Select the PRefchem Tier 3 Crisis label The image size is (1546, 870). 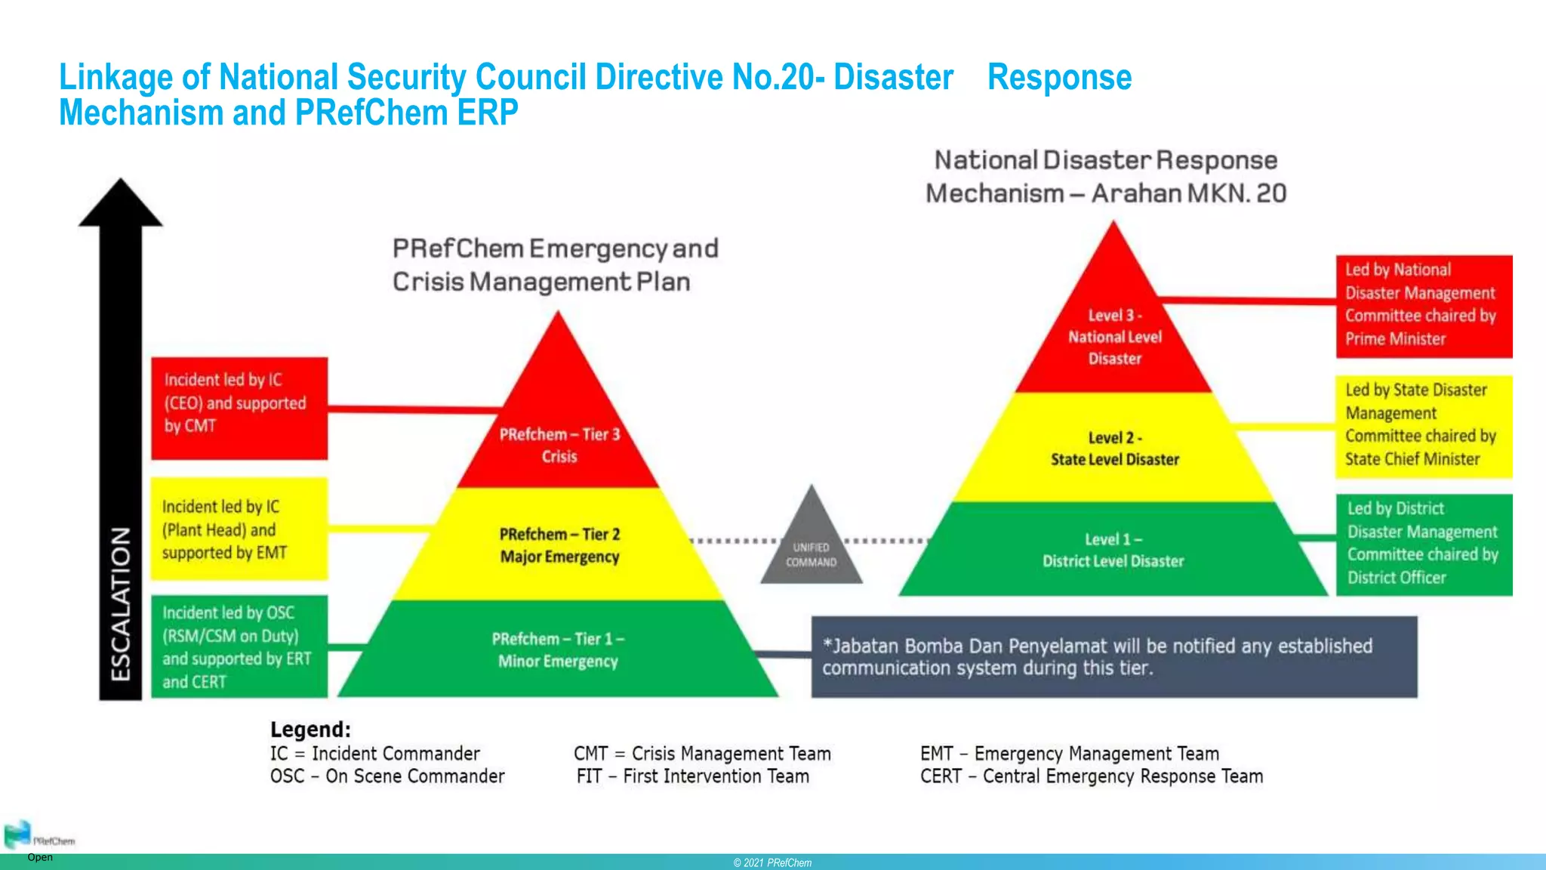559,445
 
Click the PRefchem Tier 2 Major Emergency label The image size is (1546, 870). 559,545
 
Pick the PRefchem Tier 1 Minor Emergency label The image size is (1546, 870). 558,649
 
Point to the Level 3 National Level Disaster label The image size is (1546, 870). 1114,337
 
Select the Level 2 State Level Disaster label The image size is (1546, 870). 1114,449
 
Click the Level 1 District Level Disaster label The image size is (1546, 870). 1113,550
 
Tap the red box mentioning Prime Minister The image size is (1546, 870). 1424,305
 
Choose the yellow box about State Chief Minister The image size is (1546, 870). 1424,425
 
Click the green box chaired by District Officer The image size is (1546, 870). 1424,544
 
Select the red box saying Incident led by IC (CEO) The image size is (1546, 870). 239,408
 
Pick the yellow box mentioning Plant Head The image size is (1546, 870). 239,529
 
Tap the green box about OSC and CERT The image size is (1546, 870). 239,646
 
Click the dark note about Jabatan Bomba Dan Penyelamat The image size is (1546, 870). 1113,656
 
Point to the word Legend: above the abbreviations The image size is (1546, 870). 310,730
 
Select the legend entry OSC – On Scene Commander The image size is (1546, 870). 387,776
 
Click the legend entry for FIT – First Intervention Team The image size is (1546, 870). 692,776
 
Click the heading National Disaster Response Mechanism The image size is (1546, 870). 1106,176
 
